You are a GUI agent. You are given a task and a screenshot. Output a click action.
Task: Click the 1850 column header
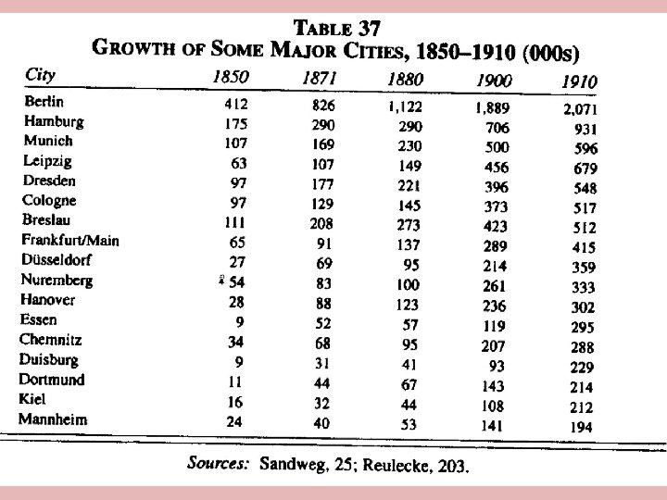pyautogui.click(x=230, y=78)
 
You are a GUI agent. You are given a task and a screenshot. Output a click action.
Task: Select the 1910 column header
pyautogui.click(x=579, y=82)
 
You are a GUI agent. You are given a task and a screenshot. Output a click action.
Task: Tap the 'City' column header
pyautogui.click(x=39, y=74)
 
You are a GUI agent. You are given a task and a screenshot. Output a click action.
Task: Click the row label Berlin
pyautogui.click(x=44, y=102)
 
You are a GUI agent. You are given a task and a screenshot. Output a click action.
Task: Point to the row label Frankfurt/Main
pyautogui.click(x=70, y=241)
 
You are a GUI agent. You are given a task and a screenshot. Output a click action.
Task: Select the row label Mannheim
pyautogui.click(x=53, y=419)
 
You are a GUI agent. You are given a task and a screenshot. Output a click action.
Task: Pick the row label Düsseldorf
pyautogui.click(x=58, y=260)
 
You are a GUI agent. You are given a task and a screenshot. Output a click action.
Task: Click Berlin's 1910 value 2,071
pyautogui.click(x=581, y=109)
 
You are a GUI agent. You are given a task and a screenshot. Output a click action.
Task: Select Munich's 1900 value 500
pyautogui.click(x=499, y=147)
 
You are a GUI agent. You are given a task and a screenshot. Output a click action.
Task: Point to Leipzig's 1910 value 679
pyautogui.click(x=585, y=169)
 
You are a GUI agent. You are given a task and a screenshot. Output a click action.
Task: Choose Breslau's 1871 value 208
pyautogui.click(x=323, y=223)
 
